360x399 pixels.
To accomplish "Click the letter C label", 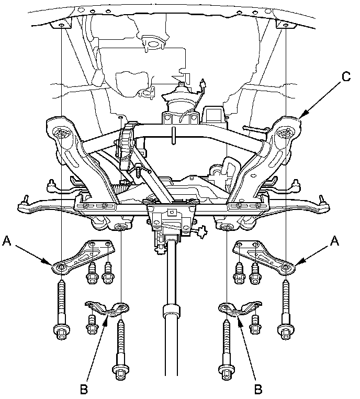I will coord(346,76).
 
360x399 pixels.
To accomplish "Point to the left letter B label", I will coord(83,389).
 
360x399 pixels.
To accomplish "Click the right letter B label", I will coord(258,389).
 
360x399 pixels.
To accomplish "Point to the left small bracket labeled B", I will coord(107,308).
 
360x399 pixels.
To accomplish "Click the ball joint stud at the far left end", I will coord(23,199).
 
